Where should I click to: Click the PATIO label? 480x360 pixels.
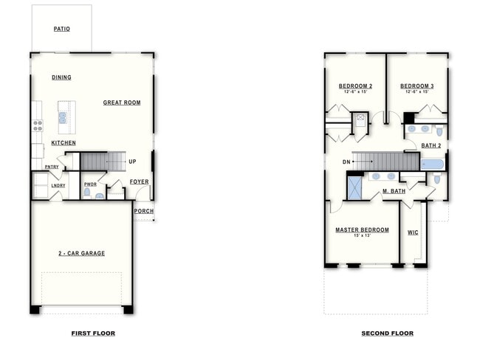61,30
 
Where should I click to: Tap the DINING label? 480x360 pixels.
61,77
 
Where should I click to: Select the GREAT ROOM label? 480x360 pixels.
122,103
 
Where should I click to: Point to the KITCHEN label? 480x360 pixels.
64,142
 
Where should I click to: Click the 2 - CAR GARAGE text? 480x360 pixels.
81,253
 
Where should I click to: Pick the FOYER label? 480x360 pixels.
140,181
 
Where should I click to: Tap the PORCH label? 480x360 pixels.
144,211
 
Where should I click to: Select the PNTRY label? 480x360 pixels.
52,167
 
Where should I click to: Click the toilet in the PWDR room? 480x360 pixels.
87,194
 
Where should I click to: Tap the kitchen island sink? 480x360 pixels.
63,117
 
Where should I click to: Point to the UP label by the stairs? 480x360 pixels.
132,162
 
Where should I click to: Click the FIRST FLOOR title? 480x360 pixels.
93,333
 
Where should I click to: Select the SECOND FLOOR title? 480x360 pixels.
387,333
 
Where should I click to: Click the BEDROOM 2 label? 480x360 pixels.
355,86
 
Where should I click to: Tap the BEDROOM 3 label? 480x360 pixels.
417,86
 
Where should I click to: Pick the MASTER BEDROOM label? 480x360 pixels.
362,230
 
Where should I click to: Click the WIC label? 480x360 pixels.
414,232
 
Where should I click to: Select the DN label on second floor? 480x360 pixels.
346,162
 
